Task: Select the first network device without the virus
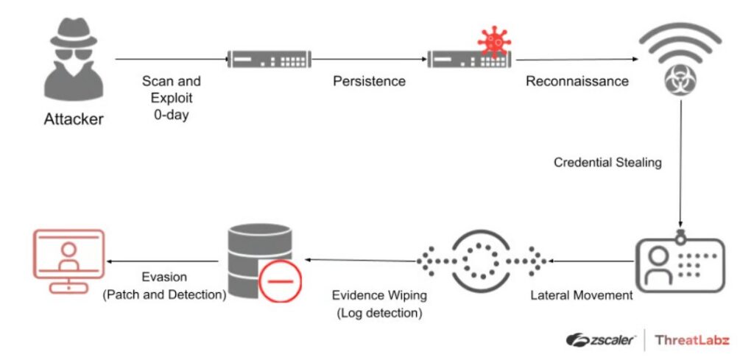(x=269, y=58)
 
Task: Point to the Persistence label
(x=369, y=81)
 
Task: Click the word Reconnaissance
(x=577, y=81)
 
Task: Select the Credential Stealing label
(x=607, y=162)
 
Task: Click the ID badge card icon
(x=680, y=261)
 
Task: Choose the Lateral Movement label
(x=582, y=296)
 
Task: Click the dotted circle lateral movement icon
(x=482, y=261)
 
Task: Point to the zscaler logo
(x=602, y=339)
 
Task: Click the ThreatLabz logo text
(x=692, y=339)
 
